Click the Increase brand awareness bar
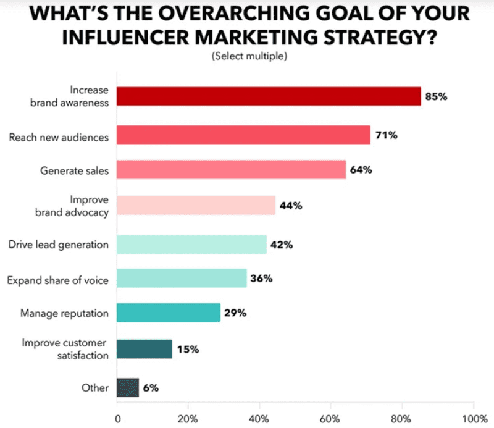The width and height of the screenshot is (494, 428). pos(269,96)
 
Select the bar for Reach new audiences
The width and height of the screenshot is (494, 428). pos(243,135)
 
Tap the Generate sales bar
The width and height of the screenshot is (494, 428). pos(231,169)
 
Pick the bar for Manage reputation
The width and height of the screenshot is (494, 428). pos(169,313)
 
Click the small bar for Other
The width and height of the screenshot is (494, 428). pos(128,388)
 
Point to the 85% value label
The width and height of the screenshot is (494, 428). pos(435,96)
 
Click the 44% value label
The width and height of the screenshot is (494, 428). pos(291,206)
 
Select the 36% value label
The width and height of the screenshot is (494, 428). pos(261,278)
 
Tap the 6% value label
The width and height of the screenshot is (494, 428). pos(150,388)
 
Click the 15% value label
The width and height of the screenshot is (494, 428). pos(187,350)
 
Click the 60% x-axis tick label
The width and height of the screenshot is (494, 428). pos(331,416)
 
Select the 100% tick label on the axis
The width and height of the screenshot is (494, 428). pos(473,416)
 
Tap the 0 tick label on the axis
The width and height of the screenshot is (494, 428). pos(117,416)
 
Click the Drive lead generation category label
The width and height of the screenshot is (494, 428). pos(59,245)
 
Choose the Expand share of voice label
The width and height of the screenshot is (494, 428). pos(57,280)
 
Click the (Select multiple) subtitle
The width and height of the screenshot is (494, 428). pos(249,56)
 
